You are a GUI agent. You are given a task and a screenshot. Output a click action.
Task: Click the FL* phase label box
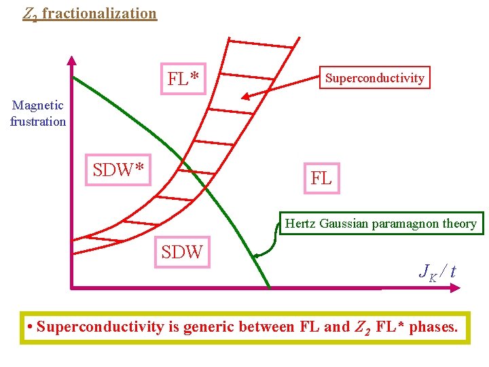(x=183, y=80)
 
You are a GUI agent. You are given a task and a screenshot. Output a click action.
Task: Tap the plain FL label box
(x=321, y=179)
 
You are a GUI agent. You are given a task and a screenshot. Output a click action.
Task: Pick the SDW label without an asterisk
(x=182, y=252)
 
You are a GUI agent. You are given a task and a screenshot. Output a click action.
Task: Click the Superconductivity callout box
(x=374, y=78)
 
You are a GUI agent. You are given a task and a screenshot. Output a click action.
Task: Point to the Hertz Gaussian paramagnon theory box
(x=381, y=224)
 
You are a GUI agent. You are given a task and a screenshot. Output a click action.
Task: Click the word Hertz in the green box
(x=300, y=224)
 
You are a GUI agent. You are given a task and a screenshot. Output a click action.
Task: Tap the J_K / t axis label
(x=437, y=271)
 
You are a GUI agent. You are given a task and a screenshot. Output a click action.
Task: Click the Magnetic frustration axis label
(x=38, y=113)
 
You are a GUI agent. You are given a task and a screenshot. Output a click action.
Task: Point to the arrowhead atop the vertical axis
(x=71, y=61)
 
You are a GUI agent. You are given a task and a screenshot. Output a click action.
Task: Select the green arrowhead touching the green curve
(x=257, y=256)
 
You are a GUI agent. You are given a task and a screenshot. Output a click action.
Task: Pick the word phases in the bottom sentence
(x=433, y=327)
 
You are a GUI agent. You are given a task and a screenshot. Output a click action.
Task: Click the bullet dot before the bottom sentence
(x=31, y=328)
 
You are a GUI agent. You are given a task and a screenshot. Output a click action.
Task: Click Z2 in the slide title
(x=30, y=14)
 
